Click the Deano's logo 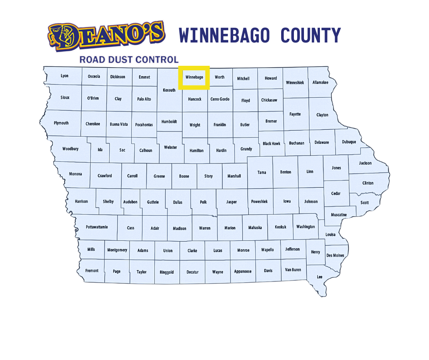click(106, 36)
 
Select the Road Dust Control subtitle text click(129, 59)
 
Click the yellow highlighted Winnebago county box click(194, 78)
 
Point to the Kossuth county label click(169, 90)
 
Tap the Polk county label click(203, 201)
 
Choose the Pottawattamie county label click(97, 227)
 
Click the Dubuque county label click(349, 142)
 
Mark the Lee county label click(319, 277)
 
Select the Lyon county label click(64, 76)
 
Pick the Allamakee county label click(320, 83)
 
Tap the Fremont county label click(92, 270)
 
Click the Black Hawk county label click(272, 143)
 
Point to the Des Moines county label click(335, 255)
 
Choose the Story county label click(209, 176)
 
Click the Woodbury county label click(70, 149)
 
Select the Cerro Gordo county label click(220, 99)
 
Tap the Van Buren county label click(293, 270)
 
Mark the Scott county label click(365, 202)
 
